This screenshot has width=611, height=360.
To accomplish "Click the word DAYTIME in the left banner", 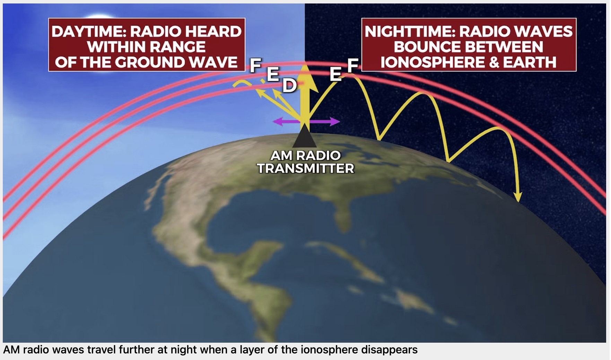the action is point(88,32).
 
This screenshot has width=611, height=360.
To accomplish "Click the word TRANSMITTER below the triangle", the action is point(306,169).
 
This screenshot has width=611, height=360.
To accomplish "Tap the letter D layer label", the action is point(289,86).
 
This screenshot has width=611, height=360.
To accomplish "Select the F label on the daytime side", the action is point(256,65).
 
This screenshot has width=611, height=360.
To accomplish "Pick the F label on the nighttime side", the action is point(352,65).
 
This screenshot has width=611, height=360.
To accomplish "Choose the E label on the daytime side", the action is point(273,74).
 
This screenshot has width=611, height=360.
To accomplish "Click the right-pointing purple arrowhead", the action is point(334,122).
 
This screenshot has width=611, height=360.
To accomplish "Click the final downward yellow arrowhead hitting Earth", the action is point(518,197).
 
